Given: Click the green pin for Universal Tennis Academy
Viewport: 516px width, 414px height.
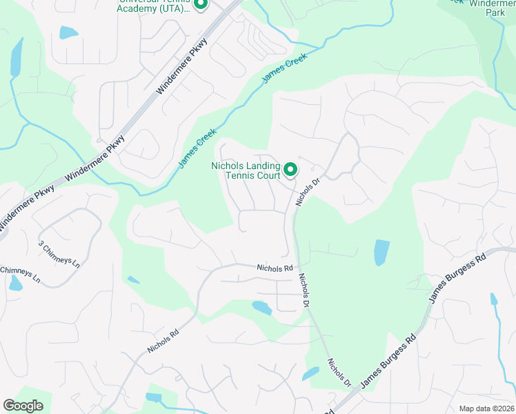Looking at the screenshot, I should tap(201, 5).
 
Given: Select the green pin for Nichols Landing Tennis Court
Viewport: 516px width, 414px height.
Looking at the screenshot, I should tap(290, 168).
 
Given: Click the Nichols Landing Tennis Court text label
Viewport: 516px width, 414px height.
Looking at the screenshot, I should tap(246, 170).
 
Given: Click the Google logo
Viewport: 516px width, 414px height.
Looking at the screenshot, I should tap(23, 405).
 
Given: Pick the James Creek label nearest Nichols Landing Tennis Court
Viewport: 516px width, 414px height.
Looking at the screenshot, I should tap(198, 147).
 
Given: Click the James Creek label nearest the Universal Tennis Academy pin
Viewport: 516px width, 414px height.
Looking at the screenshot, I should tap(284, 70).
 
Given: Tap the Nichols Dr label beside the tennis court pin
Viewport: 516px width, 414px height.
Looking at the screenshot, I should tap(308, 193).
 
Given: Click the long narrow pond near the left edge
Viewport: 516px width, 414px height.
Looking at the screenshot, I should tap(16, 57).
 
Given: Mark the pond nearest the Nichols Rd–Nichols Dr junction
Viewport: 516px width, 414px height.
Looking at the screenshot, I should tap(262, 307).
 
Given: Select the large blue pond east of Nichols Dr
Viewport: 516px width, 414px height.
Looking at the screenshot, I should tap(381, 252).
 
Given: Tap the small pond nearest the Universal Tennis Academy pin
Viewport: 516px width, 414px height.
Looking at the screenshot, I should tap(69, 32).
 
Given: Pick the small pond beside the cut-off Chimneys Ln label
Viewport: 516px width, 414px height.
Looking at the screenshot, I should tap(14, 282).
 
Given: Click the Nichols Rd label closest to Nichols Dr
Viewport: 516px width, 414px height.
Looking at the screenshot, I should tap(275, 268).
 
